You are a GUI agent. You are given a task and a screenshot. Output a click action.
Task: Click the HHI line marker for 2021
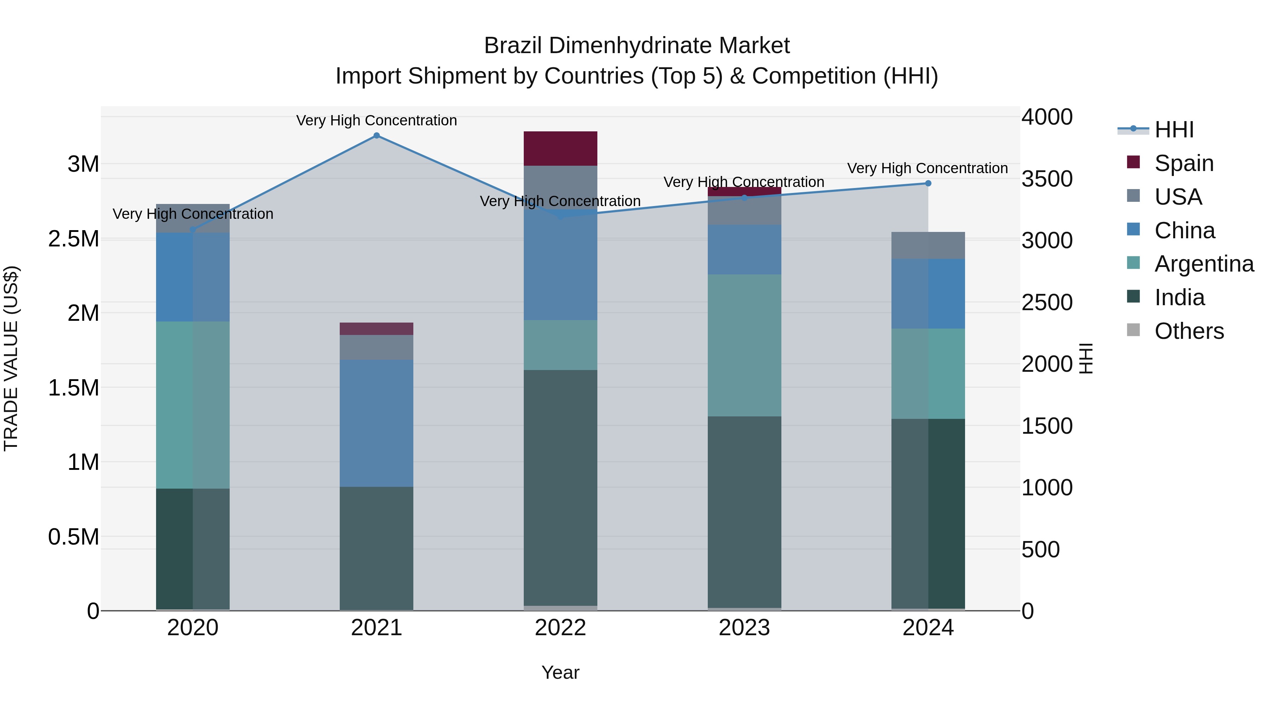[377, 136]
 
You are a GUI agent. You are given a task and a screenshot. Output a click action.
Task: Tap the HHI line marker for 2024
[928, 183]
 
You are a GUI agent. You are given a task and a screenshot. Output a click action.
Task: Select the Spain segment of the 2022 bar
[560, 148]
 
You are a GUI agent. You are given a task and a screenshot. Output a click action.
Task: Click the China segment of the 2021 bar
[377, 423]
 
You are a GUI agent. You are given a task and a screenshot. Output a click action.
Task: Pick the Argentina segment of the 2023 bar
[744, 345]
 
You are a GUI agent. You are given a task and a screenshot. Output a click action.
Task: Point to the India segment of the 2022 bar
[560, 488]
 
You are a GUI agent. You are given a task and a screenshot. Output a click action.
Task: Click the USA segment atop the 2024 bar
[928, 245]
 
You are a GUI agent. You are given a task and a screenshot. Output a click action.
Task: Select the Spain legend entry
[1183, 163]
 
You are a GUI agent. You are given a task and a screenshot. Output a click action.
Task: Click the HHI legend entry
[1173, 130]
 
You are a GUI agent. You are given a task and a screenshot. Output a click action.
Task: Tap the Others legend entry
[1188, 331]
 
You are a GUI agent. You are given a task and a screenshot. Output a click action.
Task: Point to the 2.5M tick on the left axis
[73, 239]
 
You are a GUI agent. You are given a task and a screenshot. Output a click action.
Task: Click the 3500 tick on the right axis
[1046, 179]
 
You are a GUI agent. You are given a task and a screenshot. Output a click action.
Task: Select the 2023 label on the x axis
[744, 628]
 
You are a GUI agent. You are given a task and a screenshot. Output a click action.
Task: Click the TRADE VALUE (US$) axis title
[11, 358]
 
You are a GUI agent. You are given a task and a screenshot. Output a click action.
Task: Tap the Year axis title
[560, 672]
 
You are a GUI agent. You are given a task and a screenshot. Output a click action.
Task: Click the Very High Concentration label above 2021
[377, 120]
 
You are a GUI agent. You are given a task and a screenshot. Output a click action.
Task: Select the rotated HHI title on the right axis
[1086, 358]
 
